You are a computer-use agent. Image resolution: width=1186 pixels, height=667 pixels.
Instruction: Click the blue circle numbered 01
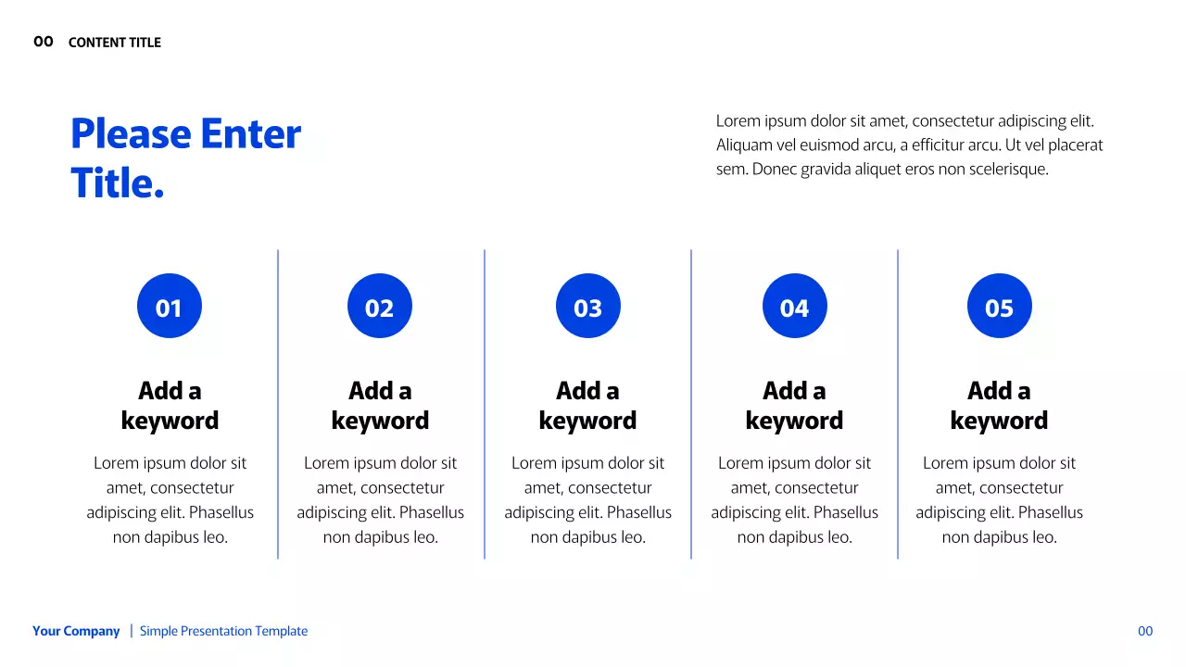pyautogui.click(x=170, y=306)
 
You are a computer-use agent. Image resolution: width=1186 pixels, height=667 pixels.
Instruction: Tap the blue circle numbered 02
pyautogui.click(x=380, y=306)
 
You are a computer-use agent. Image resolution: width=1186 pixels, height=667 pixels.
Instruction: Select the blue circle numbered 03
pyautogui.click(x=587, y=306)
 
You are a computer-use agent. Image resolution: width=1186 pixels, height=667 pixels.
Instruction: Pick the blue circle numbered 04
pyautogui.click(x=794, y=306)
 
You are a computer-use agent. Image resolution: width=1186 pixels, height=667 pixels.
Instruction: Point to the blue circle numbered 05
pyautogui.click(x=999, y=306)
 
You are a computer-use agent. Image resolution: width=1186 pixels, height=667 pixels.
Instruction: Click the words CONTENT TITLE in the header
pyautogui.click(x=114, y=43)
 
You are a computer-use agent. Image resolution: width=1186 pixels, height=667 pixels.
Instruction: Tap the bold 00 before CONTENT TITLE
pyautogui.click(x=44, y=42)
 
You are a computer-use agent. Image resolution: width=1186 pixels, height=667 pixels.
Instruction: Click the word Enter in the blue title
pyautogui.click(x=250, y=134)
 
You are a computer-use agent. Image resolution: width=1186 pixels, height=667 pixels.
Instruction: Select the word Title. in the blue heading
pyautogui.click(x=117, y=183)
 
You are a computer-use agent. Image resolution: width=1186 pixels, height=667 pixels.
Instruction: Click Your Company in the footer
pyautogui.click(x=76, y=631)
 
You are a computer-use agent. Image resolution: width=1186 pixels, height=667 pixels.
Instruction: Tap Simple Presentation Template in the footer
pyautogui.click(x=223, y=631)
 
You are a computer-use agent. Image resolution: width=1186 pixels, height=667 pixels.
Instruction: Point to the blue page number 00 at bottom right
pyautogui.click(x=1145, y=631)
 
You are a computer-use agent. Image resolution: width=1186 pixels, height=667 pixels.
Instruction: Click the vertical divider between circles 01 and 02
pyautogui.click(x=278, y=405)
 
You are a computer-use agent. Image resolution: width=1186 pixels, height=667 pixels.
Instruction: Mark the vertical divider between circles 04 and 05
pyautogui.click(x=898, y=405)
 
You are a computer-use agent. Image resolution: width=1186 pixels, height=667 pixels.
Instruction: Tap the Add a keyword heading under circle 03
pyautogui.click(x=587, y=406)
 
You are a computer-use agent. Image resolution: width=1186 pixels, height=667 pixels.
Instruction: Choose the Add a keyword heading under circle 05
pyautogui.click(x=999, y=406)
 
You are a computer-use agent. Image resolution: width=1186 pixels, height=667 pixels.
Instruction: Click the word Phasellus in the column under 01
pyautogui.click(x=221, y=512)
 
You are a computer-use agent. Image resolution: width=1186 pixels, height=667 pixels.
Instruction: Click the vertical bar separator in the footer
pyautogui.click(x=132, y=631)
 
